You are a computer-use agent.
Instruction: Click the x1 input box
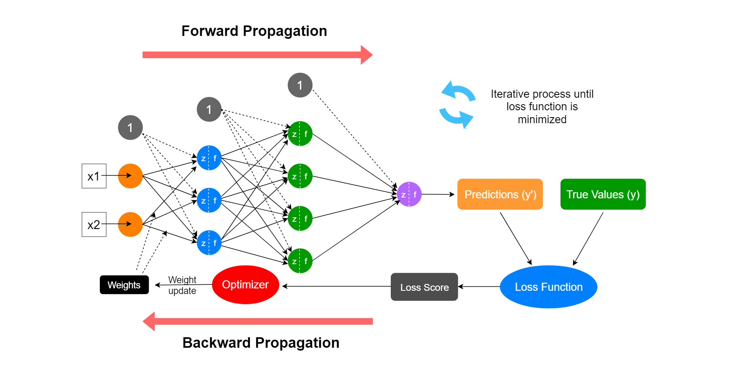tap(94, 176)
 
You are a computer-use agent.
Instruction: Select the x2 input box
tap(94, 225)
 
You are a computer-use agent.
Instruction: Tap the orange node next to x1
tap(130, 176)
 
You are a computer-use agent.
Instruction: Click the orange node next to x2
tap(130, 225)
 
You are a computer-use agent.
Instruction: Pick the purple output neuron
tap(409, 194)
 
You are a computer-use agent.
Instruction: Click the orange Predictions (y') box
tap(500, 194)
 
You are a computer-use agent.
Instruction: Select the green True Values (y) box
tap(603, 194)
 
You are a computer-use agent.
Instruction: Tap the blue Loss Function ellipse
tap(548, 287)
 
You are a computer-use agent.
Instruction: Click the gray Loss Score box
tap(424, 287)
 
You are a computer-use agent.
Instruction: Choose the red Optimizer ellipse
tap(245, 285)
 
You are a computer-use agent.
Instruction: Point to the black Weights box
tap(124, 285)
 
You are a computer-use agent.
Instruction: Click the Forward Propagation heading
tap(254, 31)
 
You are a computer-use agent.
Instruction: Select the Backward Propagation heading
tap(261, 343)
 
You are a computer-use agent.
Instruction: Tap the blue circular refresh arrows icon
tap(457, 105)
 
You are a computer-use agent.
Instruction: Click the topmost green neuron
tap(300, 134)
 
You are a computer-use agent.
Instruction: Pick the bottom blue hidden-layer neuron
tap(209, 243)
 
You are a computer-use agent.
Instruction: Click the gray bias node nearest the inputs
tap(130, 128)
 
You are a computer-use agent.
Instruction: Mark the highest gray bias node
tap(300, 85)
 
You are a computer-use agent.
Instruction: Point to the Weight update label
tap(182, 285)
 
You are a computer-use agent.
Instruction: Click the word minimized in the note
tap(542, 120)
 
